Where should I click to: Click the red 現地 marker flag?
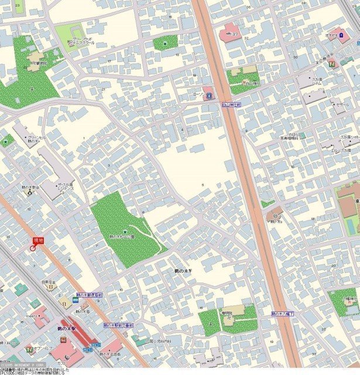(x=38, y=241)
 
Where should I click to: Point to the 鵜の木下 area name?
(x=183, y=272)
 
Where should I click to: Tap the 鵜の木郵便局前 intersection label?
(x=89, y=295)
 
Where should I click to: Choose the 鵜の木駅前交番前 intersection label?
(x=118, y=324)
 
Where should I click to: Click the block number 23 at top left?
(x=17, y=5)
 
